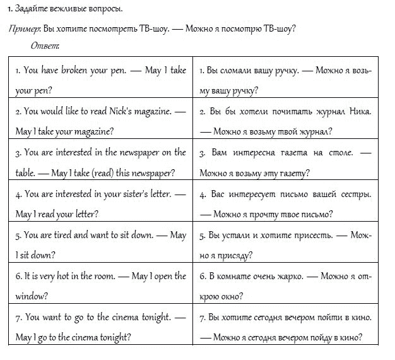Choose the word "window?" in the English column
tap(32, 296)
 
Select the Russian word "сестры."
tap(356, 194)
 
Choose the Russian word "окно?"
tap(239, 296)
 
